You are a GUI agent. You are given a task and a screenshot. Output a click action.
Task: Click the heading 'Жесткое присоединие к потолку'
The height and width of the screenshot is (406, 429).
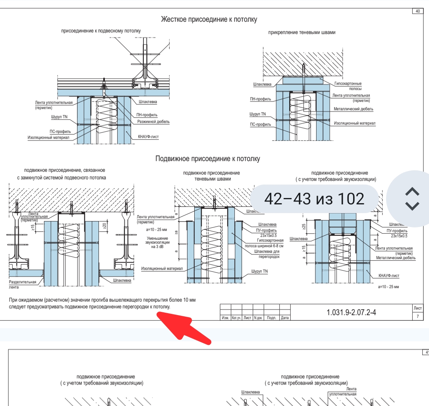click(x=209, y=19)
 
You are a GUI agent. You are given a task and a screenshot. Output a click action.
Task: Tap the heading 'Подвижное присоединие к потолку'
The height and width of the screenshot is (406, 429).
click(x=208, y=159)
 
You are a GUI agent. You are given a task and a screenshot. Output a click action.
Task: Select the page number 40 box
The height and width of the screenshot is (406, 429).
click(x=417, y=11)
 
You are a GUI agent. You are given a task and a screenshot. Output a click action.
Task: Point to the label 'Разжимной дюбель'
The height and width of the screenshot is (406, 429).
click(x=153, y=122)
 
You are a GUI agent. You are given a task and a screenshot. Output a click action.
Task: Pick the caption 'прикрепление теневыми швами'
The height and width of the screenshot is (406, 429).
click(x=302, y=33)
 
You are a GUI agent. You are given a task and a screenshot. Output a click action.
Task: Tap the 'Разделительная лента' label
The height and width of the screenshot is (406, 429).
click(x=23, y=284)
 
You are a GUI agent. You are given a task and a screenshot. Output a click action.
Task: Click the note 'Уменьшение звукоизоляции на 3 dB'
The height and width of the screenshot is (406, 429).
click(x=158, y=242)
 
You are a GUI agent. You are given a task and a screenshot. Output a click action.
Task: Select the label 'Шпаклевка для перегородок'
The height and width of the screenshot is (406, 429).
click(x=267, y=254)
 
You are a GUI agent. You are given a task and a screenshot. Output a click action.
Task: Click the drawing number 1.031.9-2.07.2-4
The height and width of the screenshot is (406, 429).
click(x=351, y=312)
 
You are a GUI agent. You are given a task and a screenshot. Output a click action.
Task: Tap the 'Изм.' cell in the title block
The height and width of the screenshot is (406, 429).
click(x=225, y=318)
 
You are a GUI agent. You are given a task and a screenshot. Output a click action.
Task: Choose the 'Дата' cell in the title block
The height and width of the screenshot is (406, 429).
click(x=284, y=318)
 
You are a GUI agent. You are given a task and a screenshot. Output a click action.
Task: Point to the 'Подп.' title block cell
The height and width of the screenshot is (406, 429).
click(x=271, y=318)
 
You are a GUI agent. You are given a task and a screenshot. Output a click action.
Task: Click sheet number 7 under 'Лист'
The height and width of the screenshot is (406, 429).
click(x=417, y=316)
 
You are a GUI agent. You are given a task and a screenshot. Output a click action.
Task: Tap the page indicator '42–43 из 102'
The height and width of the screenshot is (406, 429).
click(x=314, y=198)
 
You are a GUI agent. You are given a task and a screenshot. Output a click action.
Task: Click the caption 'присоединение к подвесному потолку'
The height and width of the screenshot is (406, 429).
click(x=101, y=31)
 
